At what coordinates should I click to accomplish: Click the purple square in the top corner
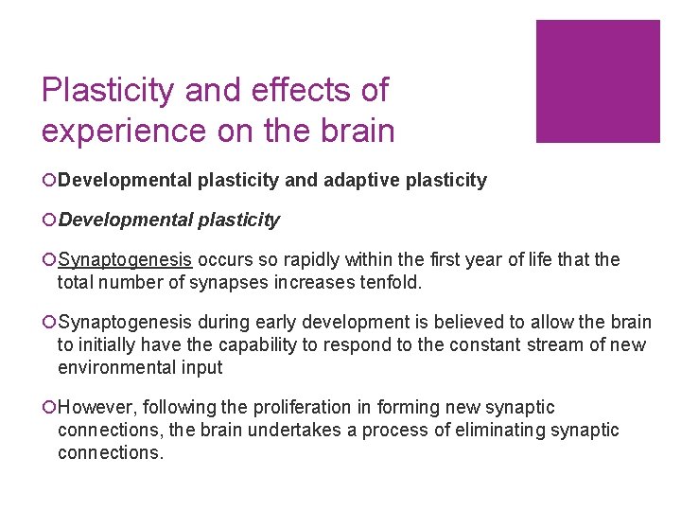pos(598,81)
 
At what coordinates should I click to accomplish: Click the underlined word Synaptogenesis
pos(125,260)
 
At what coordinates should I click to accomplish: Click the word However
pos(96,408)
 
